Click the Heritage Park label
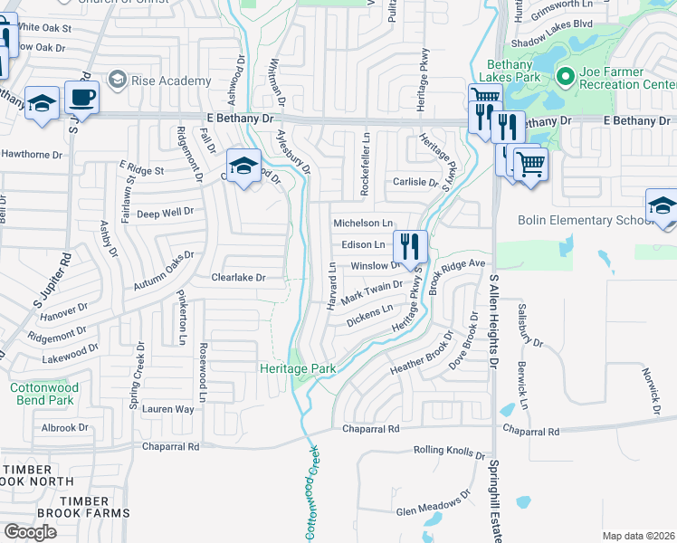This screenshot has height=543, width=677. click(x=298, y=368)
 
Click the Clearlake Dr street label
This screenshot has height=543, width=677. click(x=238, y=278)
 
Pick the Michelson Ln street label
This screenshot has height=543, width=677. click(x=363, y=223)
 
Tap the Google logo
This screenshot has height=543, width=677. click(x=30, y=531)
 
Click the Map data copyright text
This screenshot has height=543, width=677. click(x=637, y=536)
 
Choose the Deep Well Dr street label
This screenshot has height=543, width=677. click(x=165, y=213)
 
